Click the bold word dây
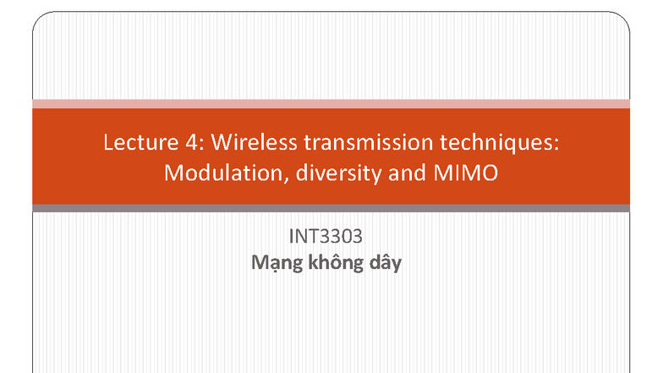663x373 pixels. pyautogui.click(x=383, y=263)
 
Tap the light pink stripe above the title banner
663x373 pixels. pyautogui.click(x=331, y=103)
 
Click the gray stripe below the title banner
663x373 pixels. pyautogui.click(x=331, y=208)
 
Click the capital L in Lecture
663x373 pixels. pyautogui.click(x=108, y=142)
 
